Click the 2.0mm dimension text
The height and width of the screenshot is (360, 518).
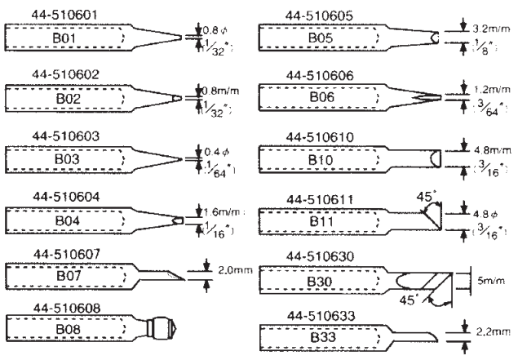(233, 269)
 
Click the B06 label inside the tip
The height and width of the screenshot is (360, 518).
(324, 97)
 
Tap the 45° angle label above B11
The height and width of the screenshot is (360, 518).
(424, 196)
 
